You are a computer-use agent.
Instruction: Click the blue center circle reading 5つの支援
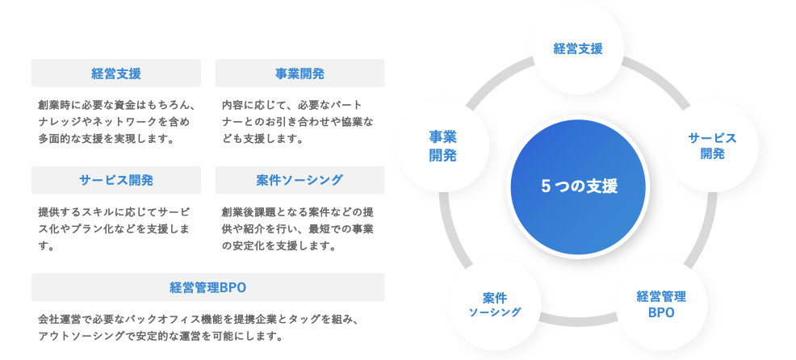578,186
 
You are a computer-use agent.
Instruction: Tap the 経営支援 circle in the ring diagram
578,48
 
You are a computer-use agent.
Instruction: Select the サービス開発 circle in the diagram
712,146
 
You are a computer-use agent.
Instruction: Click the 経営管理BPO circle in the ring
661,304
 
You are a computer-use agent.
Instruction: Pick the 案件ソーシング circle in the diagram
495,304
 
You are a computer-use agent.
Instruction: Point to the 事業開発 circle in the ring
442,146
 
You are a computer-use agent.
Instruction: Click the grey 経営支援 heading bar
116,73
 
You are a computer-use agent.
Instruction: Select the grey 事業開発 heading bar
300,73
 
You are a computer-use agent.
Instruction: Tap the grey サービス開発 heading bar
116,180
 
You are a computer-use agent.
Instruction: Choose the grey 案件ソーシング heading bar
300,180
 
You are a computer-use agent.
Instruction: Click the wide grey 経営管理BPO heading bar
208,287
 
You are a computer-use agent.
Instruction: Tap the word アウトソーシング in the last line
80,336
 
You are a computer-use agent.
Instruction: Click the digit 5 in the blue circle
546,186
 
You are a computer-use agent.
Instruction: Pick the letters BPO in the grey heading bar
233,288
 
